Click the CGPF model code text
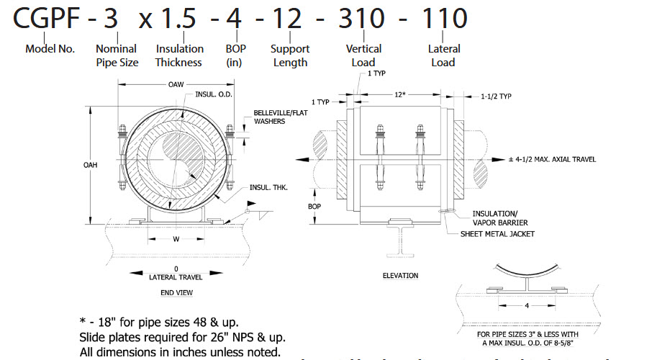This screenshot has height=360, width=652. [x=46, y=18]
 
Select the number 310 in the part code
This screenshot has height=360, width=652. [x=362, y=18]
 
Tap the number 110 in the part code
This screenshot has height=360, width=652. [x=445, y=18]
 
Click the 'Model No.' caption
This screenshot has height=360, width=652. [x=50, y=49]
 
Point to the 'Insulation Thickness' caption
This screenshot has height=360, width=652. [x=179, y=55]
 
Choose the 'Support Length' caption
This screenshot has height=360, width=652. [x=290, y=55]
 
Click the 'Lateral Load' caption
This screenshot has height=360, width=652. [x=444, y=55]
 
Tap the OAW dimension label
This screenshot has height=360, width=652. [x=176, y=84]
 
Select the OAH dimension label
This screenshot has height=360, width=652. [x=90, y=165]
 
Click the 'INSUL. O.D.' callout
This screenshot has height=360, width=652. [x=214, y=94]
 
